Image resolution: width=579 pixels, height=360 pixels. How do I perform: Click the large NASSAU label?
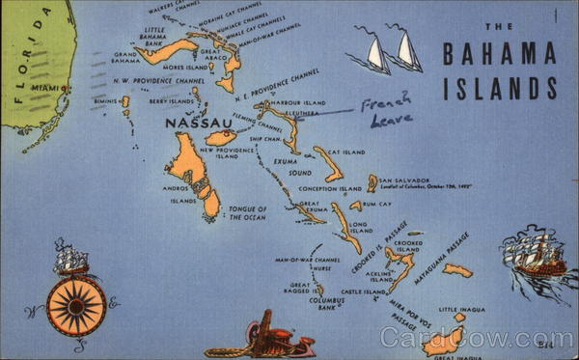pyautogui.click(x=199, y=124)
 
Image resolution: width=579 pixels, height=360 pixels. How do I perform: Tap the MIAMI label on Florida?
pyautogui.click(x=45, y=88)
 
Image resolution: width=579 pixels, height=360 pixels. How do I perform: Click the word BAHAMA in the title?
pyautogui.click(x=499, y=55)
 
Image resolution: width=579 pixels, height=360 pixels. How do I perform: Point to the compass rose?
pyautogui.click(x=76, y=306)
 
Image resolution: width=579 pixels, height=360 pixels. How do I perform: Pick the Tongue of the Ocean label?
pyautogui.click(x=246, y=212)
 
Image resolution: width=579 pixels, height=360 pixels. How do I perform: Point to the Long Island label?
pyautogui.click(x=360, y=228)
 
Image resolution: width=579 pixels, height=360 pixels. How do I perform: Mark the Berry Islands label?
pyautogui.click(x=171, y=100)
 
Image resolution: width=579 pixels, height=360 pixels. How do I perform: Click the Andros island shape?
pyautogui.click(x=190, y=166)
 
